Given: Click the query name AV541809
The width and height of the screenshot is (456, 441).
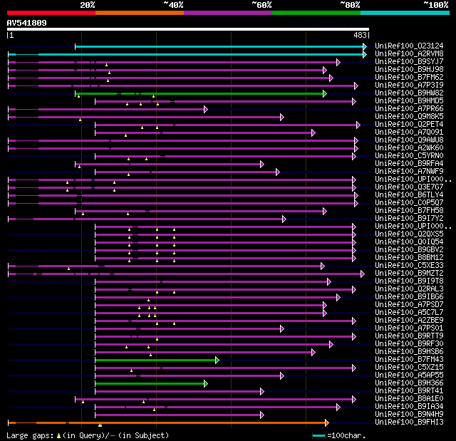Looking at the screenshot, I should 27,23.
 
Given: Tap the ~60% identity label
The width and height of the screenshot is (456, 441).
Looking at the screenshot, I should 261,4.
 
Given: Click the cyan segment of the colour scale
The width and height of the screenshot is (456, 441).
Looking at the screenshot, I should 405,13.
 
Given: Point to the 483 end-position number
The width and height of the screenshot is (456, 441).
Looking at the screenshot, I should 360,35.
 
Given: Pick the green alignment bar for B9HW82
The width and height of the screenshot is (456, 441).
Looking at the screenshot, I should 199,93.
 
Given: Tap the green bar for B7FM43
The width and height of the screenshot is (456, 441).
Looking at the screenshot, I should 157,360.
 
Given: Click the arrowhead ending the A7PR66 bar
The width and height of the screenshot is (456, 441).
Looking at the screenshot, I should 205,109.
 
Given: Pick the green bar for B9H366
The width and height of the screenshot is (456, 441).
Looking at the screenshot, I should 150,383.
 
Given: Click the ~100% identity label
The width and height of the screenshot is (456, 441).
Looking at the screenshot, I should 435,4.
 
